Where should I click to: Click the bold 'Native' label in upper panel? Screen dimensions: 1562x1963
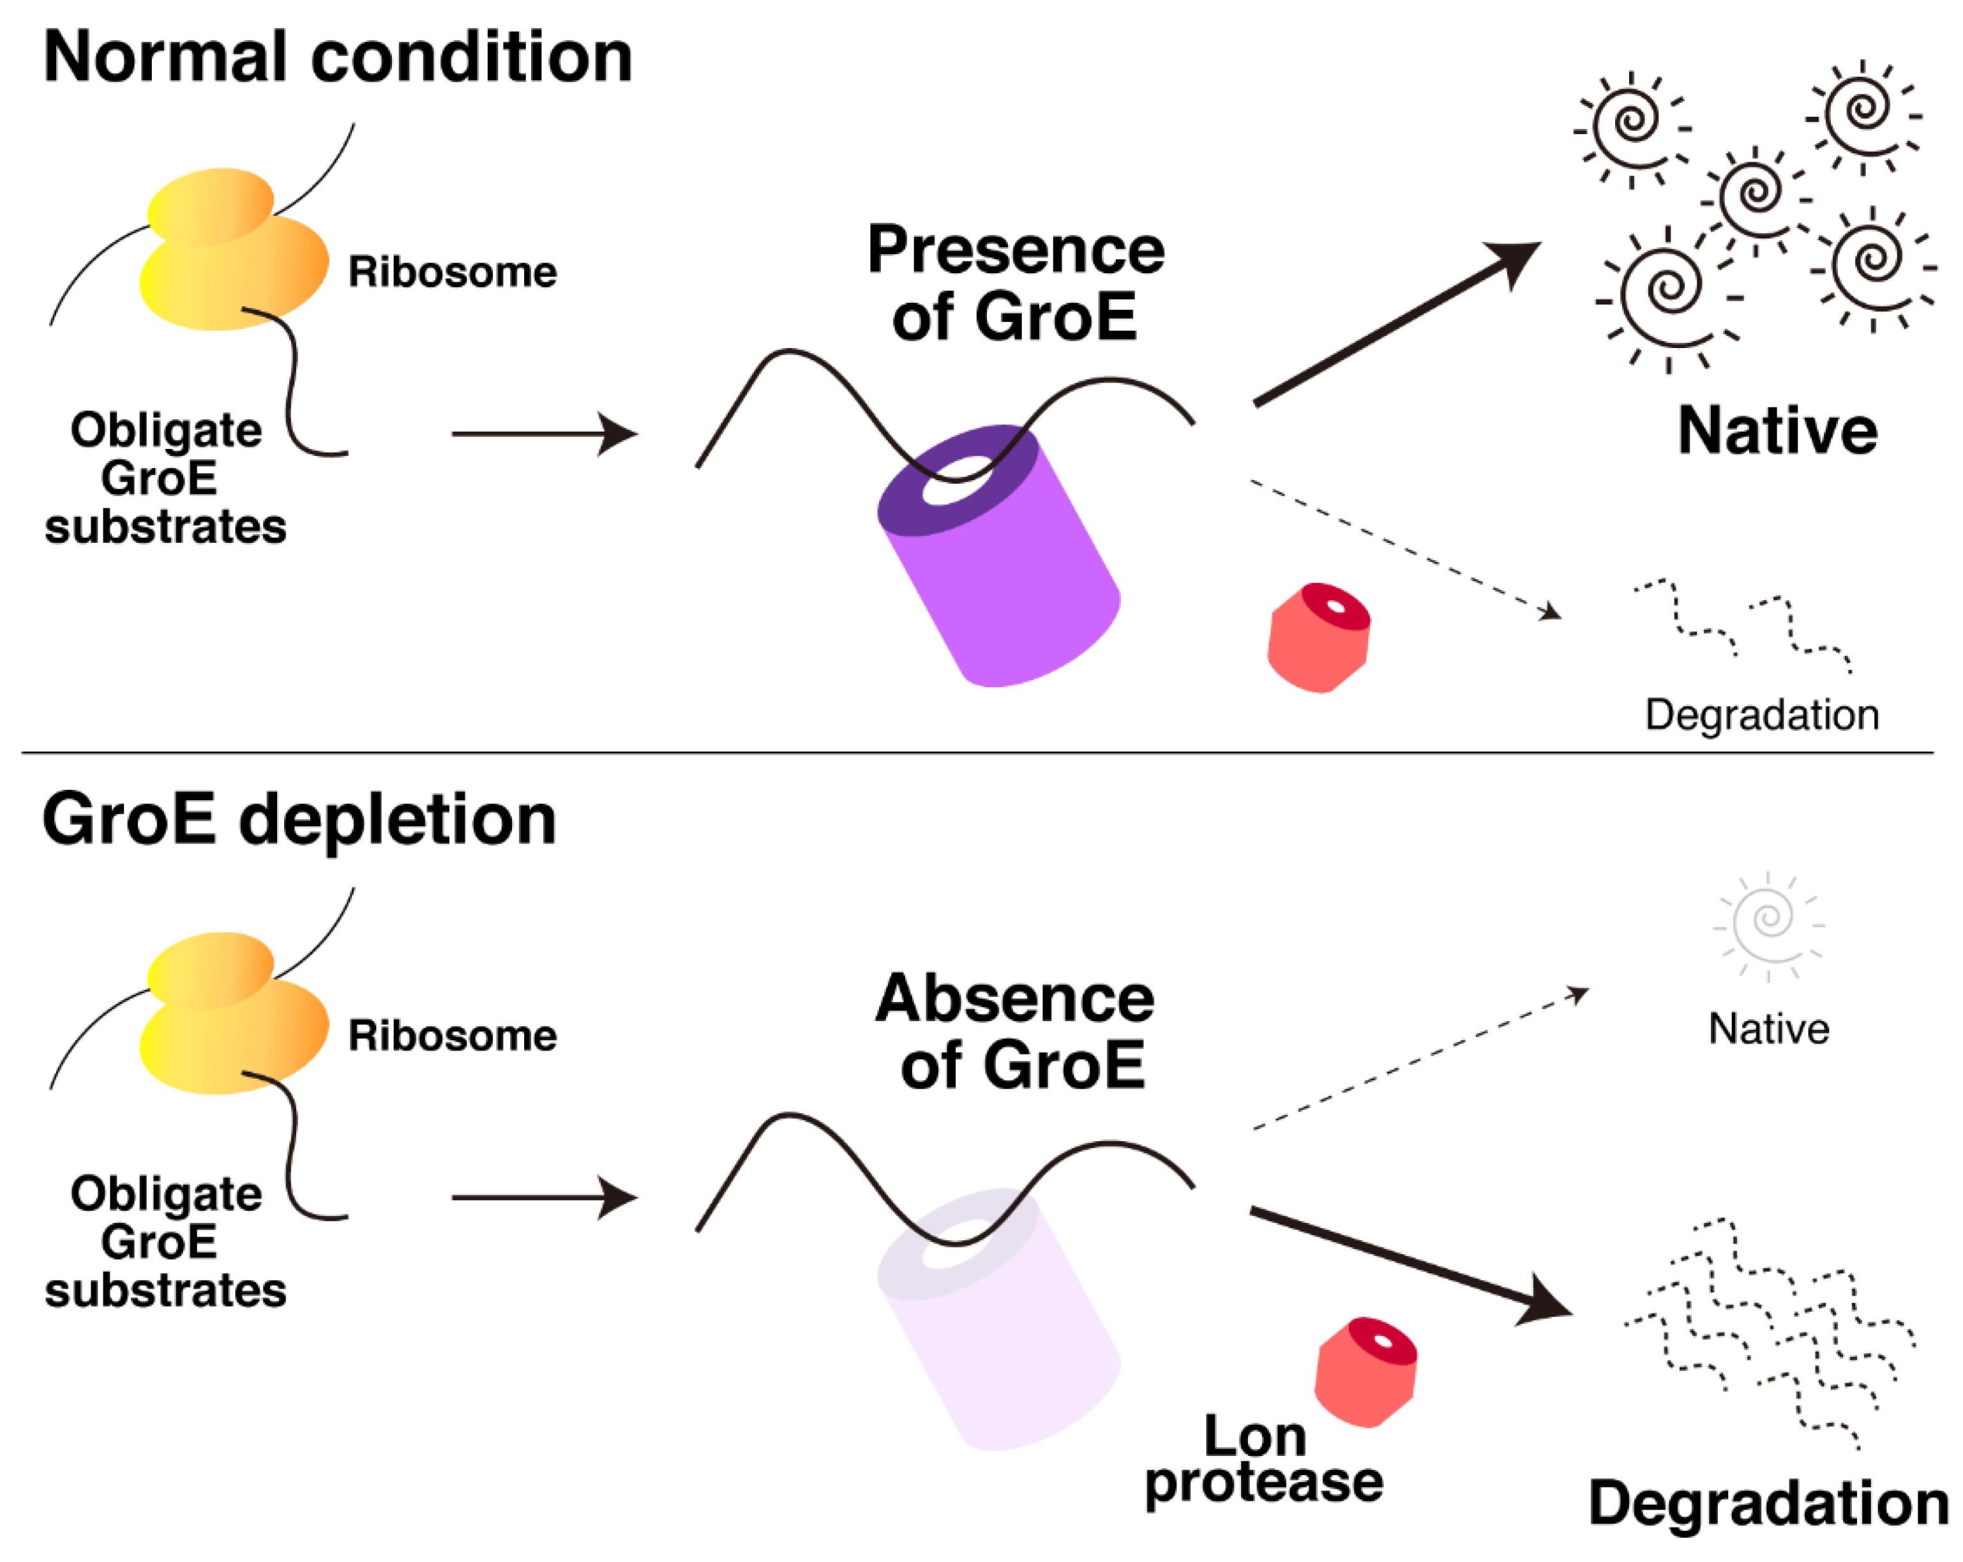(x=1777, y=431)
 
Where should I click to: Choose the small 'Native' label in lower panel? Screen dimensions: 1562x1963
(x=1768, y=1029)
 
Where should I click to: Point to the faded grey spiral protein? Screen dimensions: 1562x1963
(x=1768, y=921)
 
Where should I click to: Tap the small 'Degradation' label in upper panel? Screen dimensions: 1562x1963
(x=1762, y=715)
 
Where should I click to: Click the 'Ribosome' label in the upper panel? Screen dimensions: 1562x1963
(x=453, y=271)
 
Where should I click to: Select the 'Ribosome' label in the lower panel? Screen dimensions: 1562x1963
(x=453, y=1036)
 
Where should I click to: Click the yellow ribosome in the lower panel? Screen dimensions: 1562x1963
(x=232, y=1015)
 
